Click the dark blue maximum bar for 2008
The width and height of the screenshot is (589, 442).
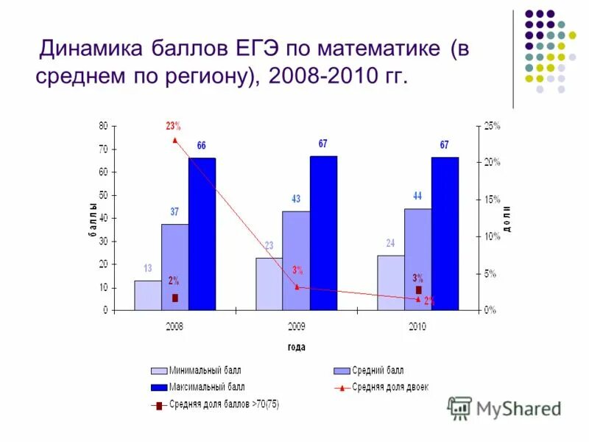[x=202, y=234]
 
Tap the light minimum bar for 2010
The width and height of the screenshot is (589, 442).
[x=390, y=282]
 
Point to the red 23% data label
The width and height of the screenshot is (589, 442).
[x=174, y=126]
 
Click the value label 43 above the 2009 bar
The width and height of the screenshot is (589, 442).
[x=296, y=199]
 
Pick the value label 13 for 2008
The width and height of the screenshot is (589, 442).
[x=147, y=268]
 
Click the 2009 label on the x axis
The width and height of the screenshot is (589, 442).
[x=296, y=325]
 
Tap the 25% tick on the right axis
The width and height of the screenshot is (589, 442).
[x=491, y=126]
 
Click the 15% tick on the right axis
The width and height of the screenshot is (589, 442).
[x=491, y=200]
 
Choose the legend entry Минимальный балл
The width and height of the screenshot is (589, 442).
[x=204, y=371]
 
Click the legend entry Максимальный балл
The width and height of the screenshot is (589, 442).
[x=206, y=386]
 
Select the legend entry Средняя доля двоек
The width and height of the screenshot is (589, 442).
[x=389, y=386]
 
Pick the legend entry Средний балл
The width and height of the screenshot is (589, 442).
[x=378, y=371]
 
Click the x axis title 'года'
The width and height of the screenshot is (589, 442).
[x=296, y=347]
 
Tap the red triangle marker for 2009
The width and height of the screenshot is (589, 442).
[x=296, y=287]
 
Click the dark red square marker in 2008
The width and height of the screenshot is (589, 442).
[x=175, y=298]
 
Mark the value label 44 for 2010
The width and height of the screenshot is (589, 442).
[x=417, y=196]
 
